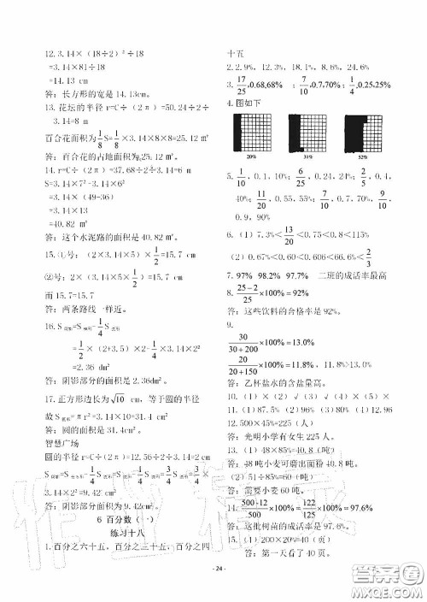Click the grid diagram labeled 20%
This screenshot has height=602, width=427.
(250, 135)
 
